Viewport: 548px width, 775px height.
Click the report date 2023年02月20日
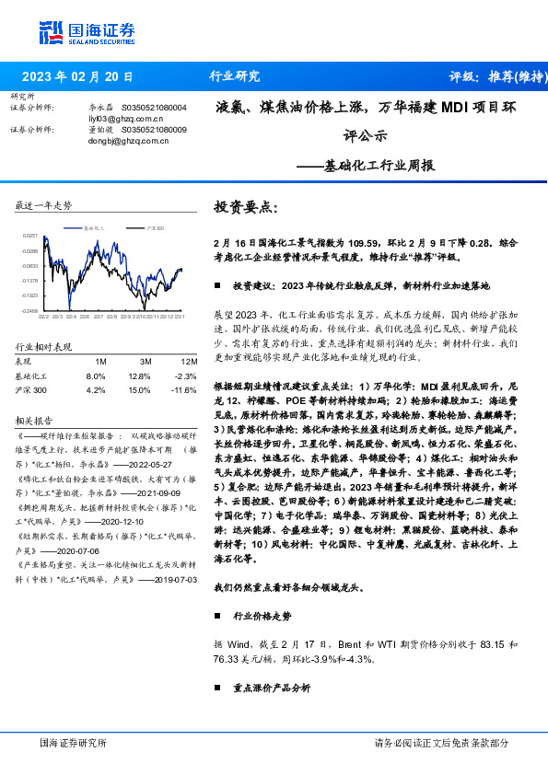[x=76, y=76]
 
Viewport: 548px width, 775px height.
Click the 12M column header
[x=190, y=361]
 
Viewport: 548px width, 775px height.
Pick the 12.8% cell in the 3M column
[x=139, y=376]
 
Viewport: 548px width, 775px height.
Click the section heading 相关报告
[x=32, y=420]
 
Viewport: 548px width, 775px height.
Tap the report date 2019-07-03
[x=164, y=580]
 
